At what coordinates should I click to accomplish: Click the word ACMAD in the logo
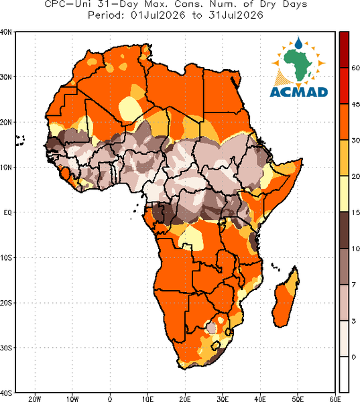299,92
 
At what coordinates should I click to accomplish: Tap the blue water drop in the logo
298,43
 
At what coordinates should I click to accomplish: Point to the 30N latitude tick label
5,77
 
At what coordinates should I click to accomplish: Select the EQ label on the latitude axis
7,212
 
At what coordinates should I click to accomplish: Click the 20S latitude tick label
5,303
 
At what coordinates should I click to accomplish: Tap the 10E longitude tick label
147,399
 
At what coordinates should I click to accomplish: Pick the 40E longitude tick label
260,399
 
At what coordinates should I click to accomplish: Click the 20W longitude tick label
35,399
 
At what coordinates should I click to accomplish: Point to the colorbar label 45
355,105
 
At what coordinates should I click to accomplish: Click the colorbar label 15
355,213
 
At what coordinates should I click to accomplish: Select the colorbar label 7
353,285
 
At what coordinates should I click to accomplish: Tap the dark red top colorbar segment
344,50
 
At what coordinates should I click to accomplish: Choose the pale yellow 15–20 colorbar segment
344,194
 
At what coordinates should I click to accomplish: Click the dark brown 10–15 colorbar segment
344,230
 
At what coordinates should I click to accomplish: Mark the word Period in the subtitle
106,15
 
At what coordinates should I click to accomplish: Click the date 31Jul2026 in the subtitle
236,15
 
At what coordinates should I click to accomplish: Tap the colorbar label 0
354,357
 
